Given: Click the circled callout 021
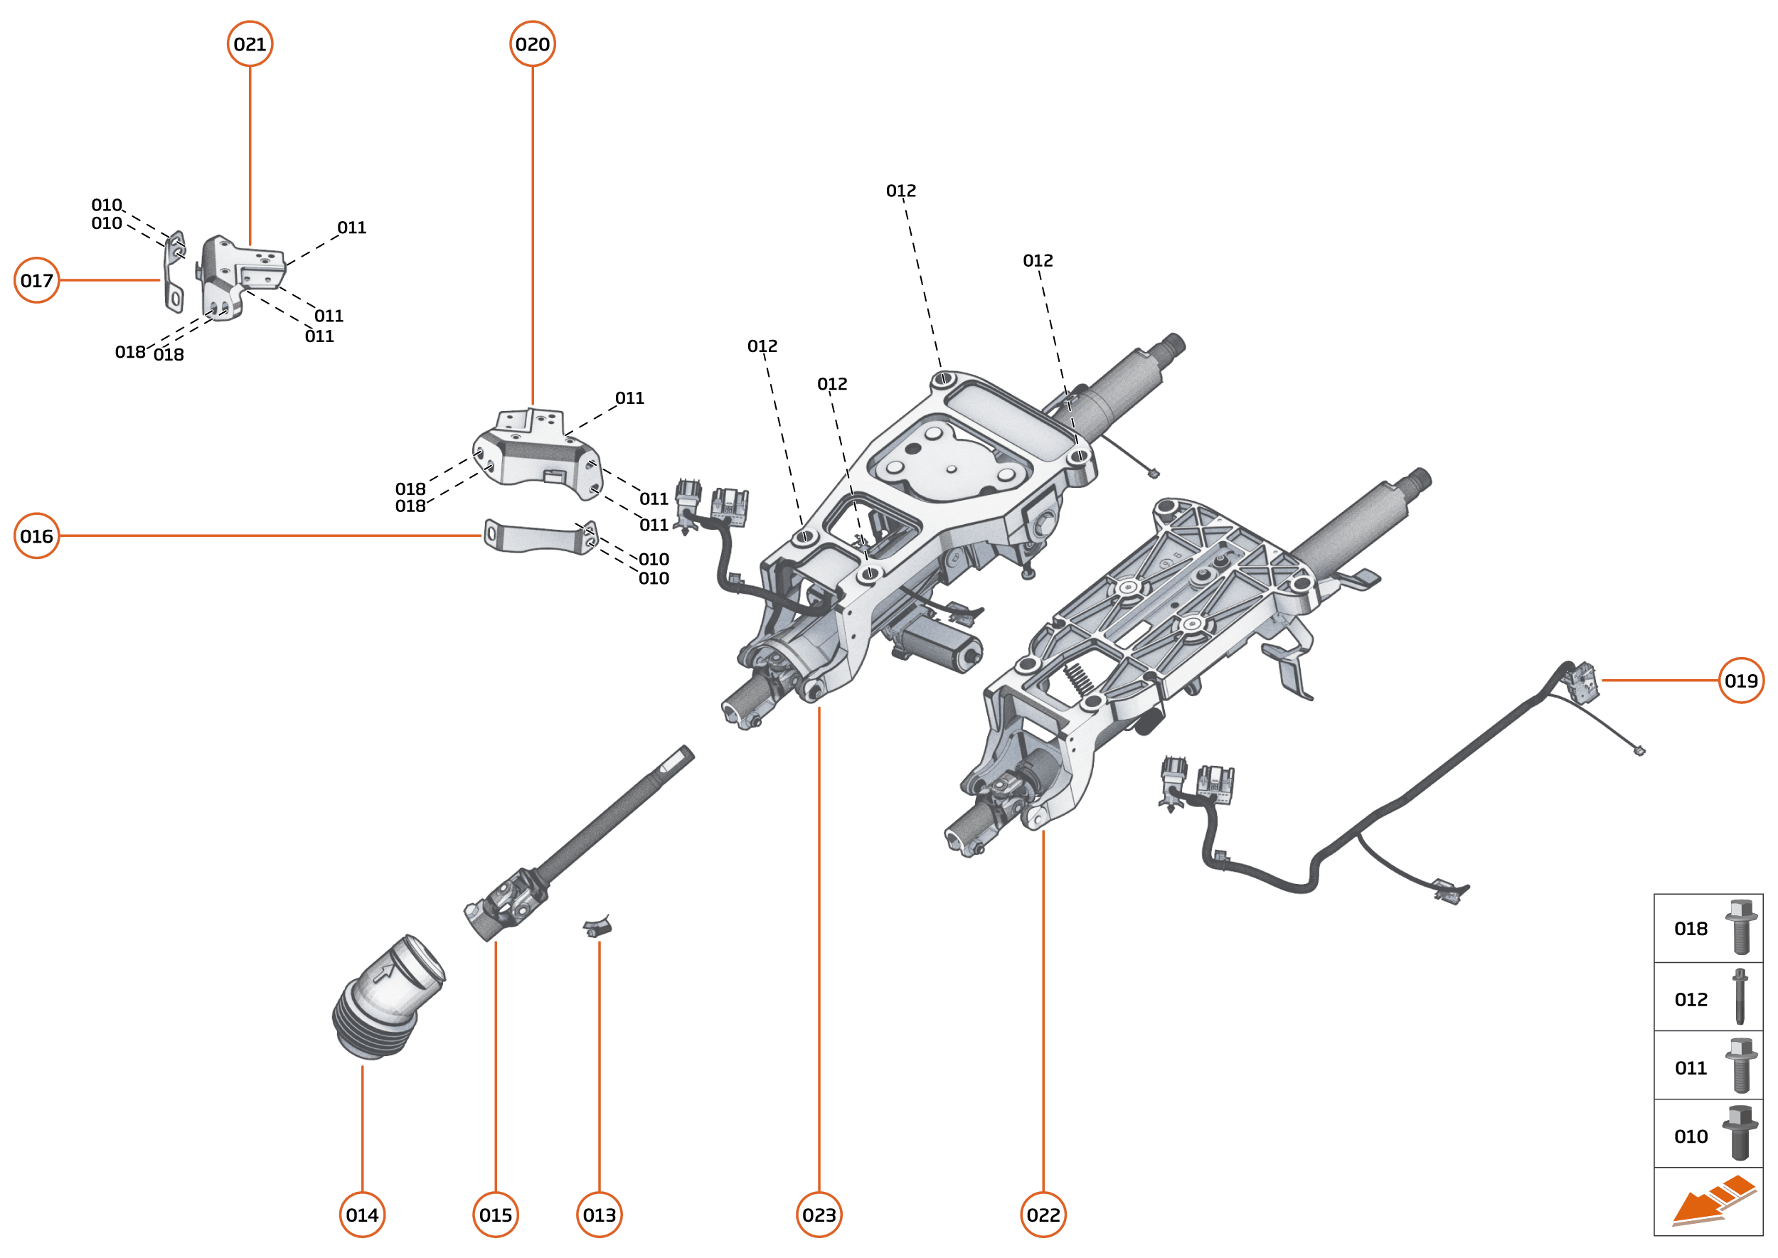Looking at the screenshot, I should click(250, 44).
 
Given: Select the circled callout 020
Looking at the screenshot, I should click(532, 44).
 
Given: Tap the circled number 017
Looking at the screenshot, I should click(36, 279).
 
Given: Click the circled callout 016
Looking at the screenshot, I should click(36, 535).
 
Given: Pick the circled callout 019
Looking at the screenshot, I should click(1741, 680).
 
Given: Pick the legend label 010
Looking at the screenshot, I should click(1691, 1136).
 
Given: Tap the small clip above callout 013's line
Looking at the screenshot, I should click(597, 925).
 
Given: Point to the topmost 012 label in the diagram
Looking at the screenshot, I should click(900, 191).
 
